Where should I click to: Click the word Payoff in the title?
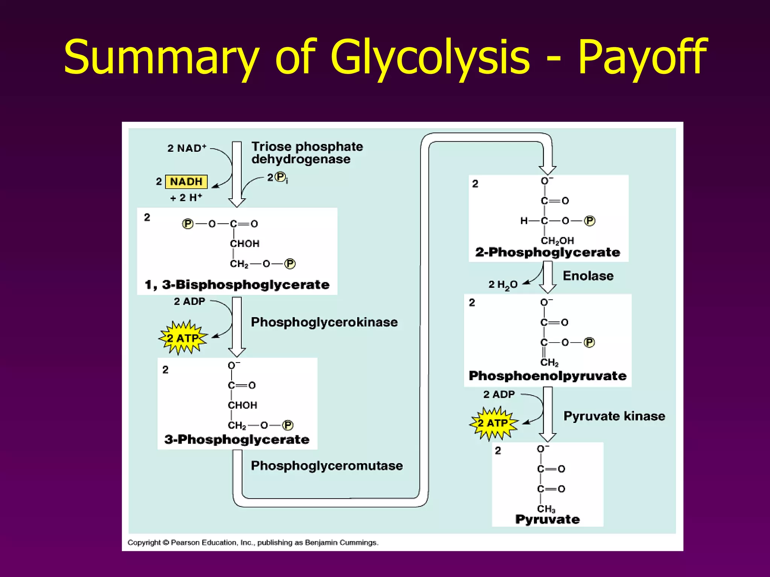coord(642,57)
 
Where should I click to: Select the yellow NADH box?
coord(186,182)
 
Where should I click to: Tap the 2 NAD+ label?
coord(187,148)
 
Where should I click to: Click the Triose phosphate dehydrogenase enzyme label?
coord(307,153)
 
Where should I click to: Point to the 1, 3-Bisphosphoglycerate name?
coord(237,284)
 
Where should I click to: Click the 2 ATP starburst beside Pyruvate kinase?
coord(493,423)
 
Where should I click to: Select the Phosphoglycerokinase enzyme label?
coord(324,322)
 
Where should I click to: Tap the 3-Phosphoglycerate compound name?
coord(237,439)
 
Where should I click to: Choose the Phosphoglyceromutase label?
coord(327,465)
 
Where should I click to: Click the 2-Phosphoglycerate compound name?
coord(547,252)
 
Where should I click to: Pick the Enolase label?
coord(588,276)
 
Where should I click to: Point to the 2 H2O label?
coord(503,285)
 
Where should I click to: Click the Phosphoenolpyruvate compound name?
coord(547,376)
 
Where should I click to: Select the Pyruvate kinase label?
coord(614,416)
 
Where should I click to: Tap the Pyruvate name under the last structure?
coord(547,519)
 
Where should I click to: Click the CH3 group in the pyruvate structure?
coord(546,509)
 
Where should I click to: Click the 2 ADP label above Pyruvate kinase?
coord(499,394)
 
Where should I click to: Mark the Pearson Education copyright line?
coord(253,542)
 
